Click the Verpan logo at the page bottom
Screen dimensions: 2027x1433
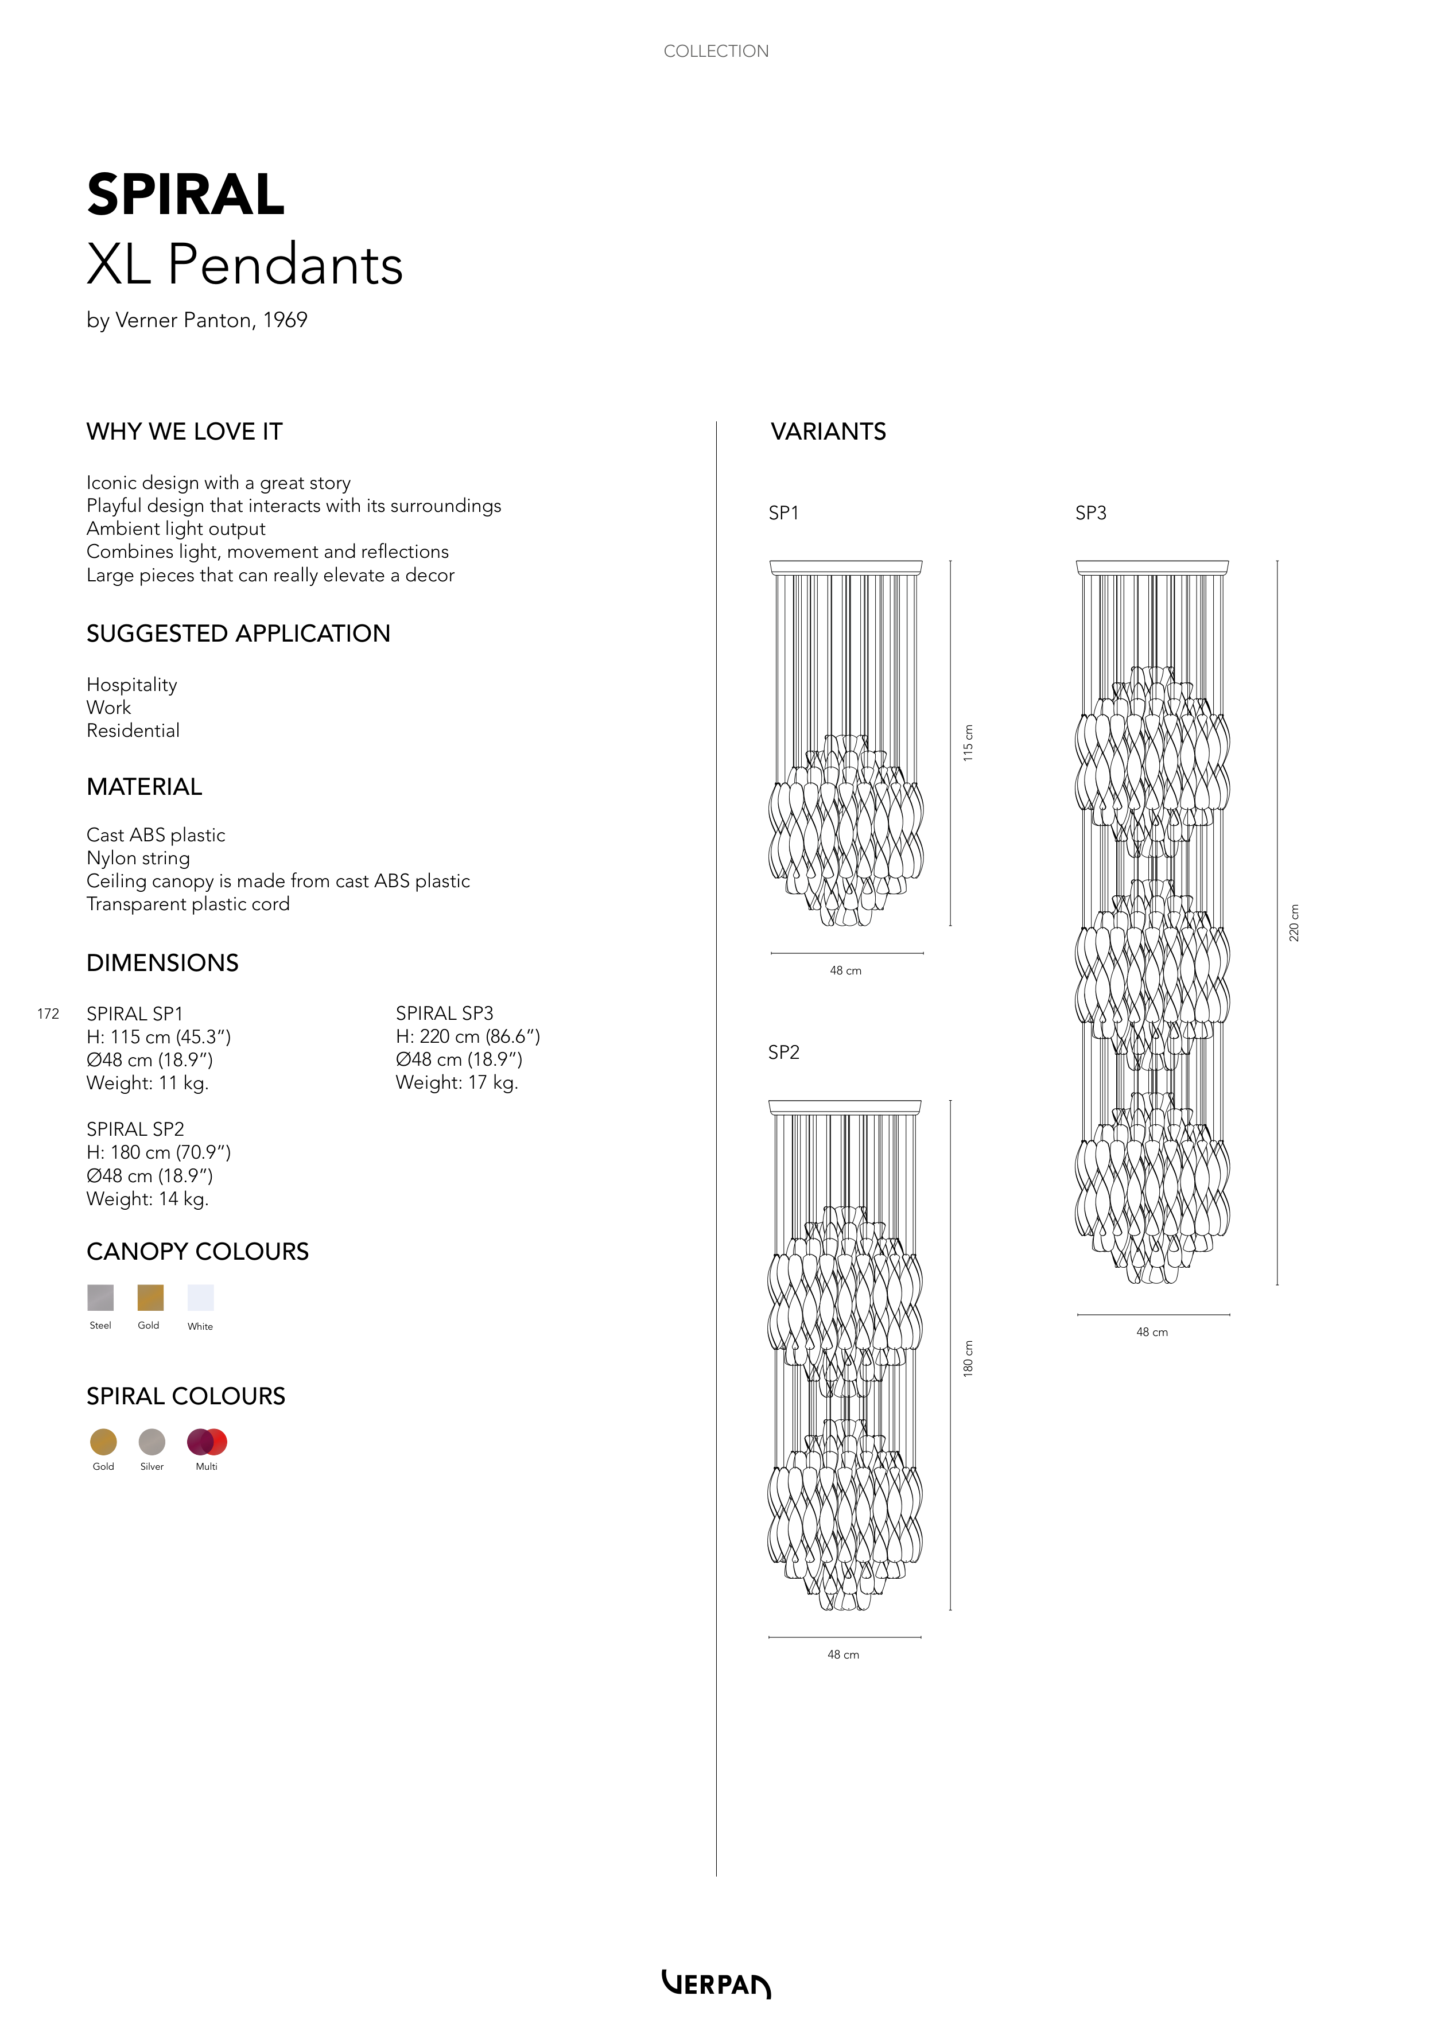[x=716, y=1984]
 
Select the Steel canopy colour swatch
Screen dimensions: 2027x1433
[x=100, y=1297]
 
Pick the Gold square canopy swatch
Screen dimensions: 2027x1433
[x=150, y=1297]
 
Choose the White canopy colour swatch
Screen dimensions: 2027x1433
[x=200, y=1297]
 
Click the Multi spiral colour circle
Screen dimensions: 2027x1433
[x=207, y=1442]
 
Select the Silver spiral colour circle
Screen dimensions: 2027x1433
[x=152, y=1442]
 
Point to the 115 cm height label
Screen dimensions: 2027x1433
[x=968, y=743]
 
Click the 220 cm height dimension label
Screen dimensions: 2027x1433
[x=1294, y=923]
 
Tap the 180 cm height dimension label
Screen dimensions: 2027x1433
[x=968, y=1358]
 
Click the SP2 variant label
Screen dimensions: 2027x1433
[x=783, y=1053]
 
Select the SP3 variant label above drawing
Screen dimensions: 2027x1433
[x=1090, y=513]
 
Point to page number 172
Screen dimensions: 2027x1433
[x=48, y=1013]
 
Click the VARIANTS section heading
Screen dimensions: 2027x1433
[x=828, y=432]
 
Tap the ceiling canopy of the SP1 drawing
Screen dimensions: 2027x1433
[x=846, y=567]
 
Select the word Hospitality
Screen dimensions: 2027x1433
[x=131, y=685]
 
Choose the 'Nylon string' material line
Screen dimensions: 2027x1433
[x=138, y=858]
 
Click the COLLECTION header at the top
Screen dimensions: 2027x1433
[x=716, y=51]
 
